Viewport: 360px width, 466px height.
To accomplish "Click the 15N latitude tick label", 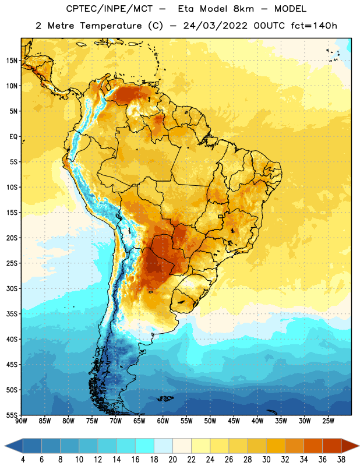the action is click(12, 61).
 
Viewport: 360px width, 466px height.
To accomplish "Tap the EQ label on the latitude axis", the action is click(13, 137).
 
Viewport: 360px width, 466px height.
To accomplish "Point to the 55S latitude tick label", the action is click(12, 415).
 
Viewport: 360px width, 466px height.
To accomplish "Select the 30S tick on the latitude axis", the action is click(12, 288).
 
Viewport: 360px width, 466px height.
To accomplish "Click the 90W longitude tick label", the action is click(21, 421).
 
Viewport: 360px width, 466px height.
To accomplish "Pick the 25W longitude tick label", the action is click(328, 421).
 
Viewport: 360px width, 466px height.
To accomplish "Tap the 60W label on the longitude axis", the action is click(163, 421).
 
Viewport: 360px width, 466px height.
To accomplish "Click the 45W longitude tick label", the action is click(234, 421).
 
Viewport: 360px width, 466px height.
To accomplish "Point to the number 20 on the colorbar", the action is click(172, 460).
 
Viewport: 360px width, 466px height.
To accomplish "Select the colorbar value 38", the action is click(341, 460).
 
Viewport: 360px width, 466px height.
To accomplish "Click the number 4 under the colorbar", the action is click(23, 460).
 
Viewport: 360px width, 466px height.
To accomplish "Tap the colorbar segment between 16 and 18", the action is click(145, 446).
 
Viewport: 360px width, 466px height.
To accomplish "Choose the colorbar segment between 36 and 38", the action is click(332, 446).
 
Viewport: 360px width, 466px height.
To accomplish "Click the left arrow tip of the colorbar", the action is click(5, 446).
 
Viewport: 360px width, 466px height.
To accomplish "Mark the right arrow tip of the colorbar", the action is click(359, 446).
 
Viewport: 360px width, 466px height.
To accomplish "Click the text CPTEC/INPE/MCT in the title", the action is click(110, 9).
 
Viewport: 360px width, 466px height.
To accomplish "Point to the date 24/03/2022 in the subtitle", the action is click(215, 26).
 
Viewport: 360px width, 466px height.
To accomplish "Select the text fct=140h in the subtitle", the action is click(314, 26).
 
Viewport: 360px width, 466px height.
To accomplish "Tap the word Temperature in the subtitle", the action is click(111, 26).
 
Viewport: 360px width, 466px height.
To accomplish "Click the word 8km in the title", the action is click(243, 9).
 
